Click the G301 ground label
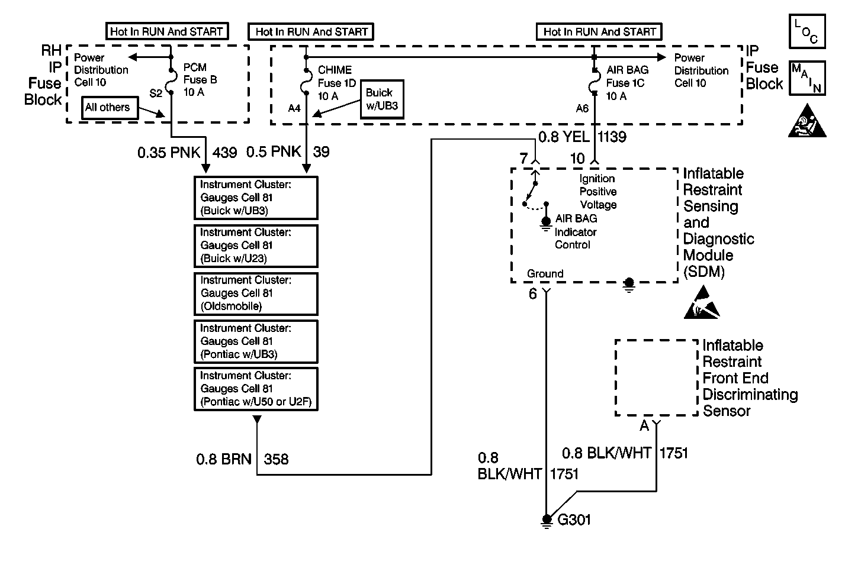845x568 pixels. click(x=574, y=520)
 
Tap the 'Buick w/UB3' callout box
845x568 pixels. click(x=382, y=99)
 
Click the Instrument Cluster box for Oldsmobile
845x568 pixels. click(x=256, y=293)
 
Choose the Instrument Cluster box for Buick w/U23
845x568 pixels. click(x=256, y=246)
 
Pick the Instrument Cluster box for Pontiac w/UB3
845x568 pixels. click(x=256, y=341)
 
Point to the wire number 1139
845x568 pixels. click(x=612, y=137)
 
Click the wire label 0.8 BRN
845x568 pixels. click(x=224, y=459)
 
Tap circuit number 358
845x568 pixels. click(x=276, y=459)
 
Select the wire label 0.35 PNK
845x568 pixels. click(x=170, y=153)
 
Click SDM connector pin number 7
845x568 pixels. click(x=523, y=159)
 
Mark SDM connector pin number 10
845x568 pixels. click(x=577, y=159)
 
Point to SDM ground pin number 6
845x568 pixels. click(x=532, y=294)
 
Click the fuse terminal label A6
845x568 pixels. click(x=582, y=108)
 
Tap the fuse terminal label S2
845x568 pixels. click(x=156, y=93)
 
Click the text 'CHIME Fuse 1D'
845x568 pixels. click(x=336, y=77)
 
